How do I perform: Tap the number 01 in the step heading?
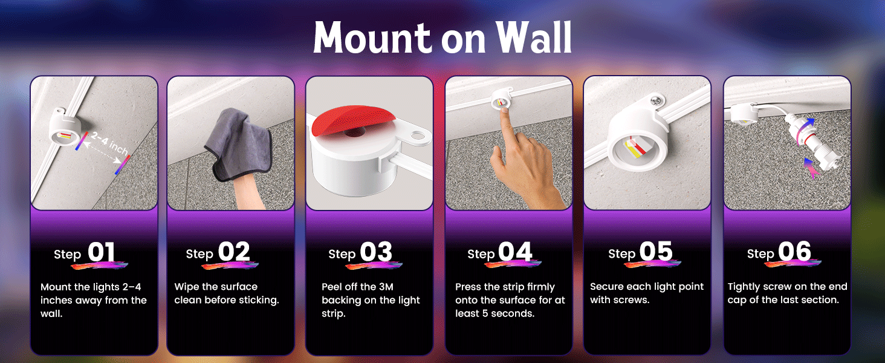(x=101, y=252)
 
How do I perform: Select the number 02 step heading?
(x=234, y=252)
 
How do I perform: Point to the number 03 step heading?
(x=376, y=252)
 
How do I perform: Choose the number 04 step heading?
(x=515, y=252)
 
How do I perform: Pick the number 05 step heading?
(x=656, y=252)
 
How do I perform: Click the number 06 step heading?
(x=794, y=252)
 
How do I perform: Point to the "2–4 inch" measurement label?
(x=109, y=143)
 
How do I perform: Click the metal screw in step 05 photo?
(x=656, y=100)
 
